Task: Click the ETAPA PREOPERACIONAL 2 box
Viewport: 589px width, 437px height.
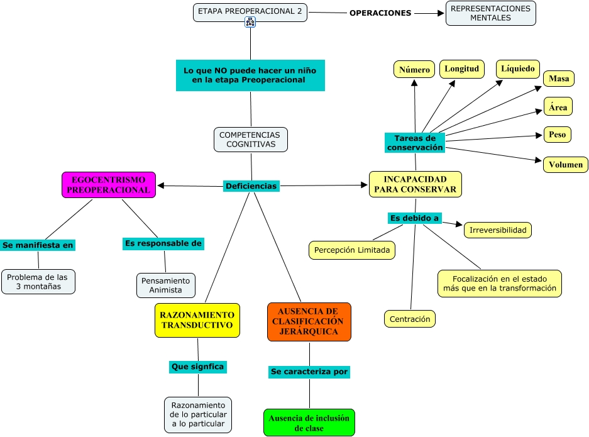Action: (250, 13)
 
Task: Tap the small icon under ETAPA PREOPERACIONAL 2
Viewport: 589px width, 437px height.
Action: (250, 22)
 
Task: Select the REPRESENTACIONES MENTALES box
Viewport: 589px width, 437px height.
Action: (490, 13)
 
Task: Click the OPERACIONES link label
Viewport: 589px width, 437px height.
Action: (380, 13)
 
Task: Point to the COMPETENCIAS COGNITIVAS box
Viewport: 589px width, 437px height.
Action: (251, 140)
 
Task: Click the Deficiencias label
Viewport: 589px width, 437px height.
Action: (251, 186)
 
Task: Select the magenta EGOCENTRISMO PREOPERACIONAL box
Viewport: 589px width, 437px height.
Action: (109, 185)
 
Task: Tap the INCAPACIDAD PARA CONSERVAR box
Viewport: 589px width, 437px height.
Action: (415, 184)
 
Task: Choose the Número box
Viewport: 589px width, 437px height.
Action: (414, 70)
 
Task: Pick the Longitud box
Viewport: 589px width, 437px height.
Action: (461, 69)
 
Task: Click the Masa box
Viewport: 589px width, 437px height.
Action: (559, 79)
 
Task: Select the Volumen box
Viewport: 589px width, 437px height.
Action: (565, 165)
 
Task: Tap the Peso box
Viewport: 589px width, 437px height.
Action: (557, 135)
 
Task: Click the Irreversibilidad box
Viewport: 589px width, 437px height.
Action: (498, 230)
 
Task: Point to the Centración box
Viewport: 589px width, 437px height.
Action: (409, 319)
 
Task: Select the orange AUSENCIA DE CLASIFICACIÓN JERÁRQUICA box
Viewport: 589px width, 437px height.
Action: (309, 322)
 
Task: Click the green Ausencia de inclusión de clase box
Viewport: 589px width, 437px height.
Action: (309, 423)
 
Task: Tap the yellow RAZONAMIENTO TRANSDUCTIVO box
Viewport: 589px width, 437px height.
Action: (197, 320)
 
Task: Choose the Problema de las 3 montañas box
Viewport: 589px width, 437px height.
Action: (38, 282)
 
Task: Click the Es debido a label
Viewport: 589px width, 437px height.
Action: (414, 218)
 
